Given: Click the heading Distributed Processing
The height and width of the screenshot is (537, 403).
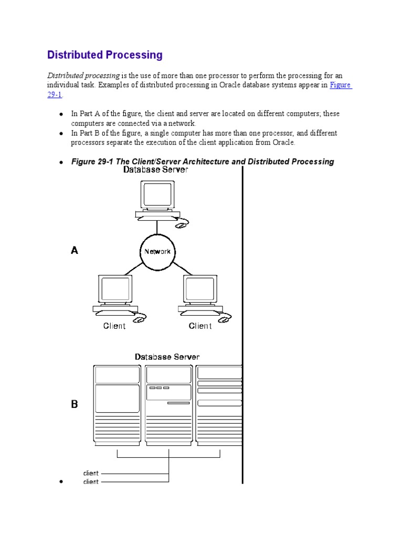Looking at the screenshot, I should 105,55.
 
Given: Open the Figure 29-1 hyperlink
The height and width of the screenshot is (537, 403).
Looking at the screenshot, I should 341,85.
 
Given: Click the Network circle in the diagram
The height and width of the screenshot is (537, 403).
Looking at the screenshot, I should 157,251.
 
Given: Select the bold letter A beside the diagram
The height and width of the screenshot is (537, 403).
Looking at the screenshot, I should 75,251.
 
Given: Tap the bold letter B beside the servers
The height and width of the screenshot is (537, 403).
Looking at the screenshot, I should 75,404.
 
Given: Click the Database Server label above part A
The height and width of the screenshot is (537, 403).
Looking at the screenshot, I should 156,170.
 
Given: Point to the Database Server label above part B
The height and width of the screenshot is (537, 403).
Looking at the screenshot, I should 167,357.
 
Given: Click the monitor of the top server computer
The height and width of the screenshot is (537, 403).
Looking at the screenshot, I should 157,195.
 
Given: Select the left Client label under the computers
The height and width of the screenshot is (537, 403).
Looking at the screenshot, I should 114,326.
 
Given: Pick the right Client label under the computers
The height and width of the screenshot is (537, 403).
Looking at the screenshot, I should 200,326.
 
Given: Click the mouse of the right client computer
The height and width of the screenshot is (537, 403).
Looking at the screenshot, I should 225,318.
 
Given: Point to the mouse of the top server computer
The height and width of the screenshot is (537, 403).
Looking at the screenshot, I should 181,224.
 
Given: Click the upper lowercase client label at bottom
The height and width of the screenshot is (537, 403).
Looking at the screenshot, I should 91,473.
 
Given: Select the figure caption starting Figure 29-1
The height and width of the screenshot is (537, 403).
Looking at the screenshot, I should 203,162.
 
